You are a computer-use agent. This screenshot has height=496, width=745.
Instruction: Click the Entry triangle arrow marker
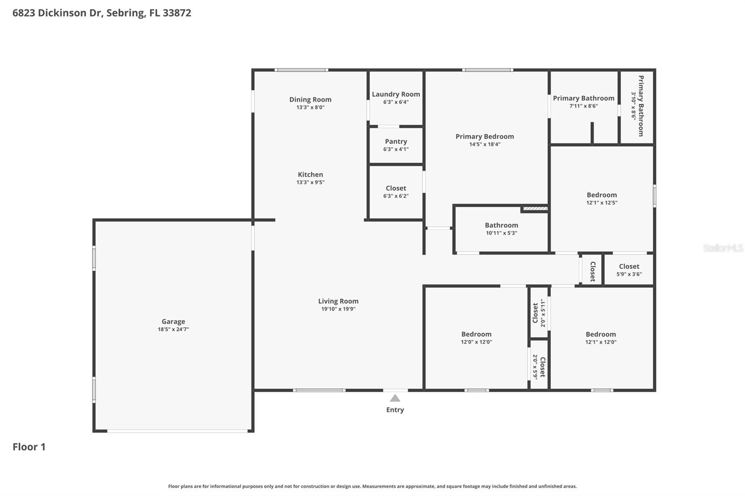coord(395,398)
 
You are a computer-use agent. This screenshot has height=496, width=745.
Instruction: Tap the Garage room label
coord(173,322)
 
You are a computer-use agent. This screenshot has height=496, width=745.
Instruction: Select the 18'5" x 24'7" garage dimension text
coord(173,329)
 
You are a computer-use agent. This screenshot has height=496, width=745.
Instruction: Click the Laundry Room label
coord(396,94)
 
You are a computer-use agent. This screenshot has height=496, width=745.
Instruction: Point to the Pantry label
coord(396,141)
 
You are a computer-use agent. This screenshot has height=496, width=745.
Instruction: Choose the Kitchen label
coord(310,174)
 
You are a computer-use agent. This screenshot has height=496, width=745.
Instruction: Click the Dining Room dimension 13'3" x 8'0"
coord(310,107)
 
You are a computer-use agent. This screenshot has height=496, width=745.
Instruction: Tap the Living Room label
coord(338,301)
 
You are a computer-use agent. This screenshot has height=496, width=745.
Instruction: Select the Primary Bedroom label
coord(484,136)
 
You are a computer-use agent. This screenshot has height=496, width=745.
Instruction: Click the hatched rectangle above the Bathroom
coord(535,208)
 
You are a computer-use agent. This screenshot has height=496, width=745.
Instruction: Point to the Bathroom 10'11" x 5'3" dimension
coord(501,233)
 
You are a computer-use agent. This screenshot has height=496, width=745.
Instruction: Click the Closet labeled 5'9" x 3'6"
coord(629,267)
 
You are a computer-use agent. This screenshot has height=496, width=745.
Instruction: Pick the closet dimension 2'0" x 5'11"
coord(543,313)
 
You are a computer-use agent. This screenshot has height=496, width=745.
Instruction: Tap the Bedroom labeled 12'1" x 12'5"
coord(602,195)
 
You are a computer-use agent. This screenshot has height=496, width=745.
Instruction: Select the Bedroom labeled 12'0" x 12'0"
coord(476,334)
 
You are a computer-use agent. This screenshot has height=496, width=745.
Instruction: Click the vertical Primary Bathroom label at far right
coord(641,106)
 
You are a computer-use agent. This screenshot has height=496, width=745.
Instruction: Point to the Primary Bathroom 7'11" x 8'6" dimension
coord(583,106)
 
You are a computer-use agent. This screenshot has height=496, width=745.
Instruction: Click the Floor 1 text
coord(29,447)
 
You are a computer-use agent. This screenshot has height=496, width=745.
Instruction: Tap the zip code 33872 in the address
coord(177,13)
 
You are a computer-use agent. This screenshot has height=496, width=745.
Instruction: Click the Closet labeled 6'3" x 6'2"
coord(396,188)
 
